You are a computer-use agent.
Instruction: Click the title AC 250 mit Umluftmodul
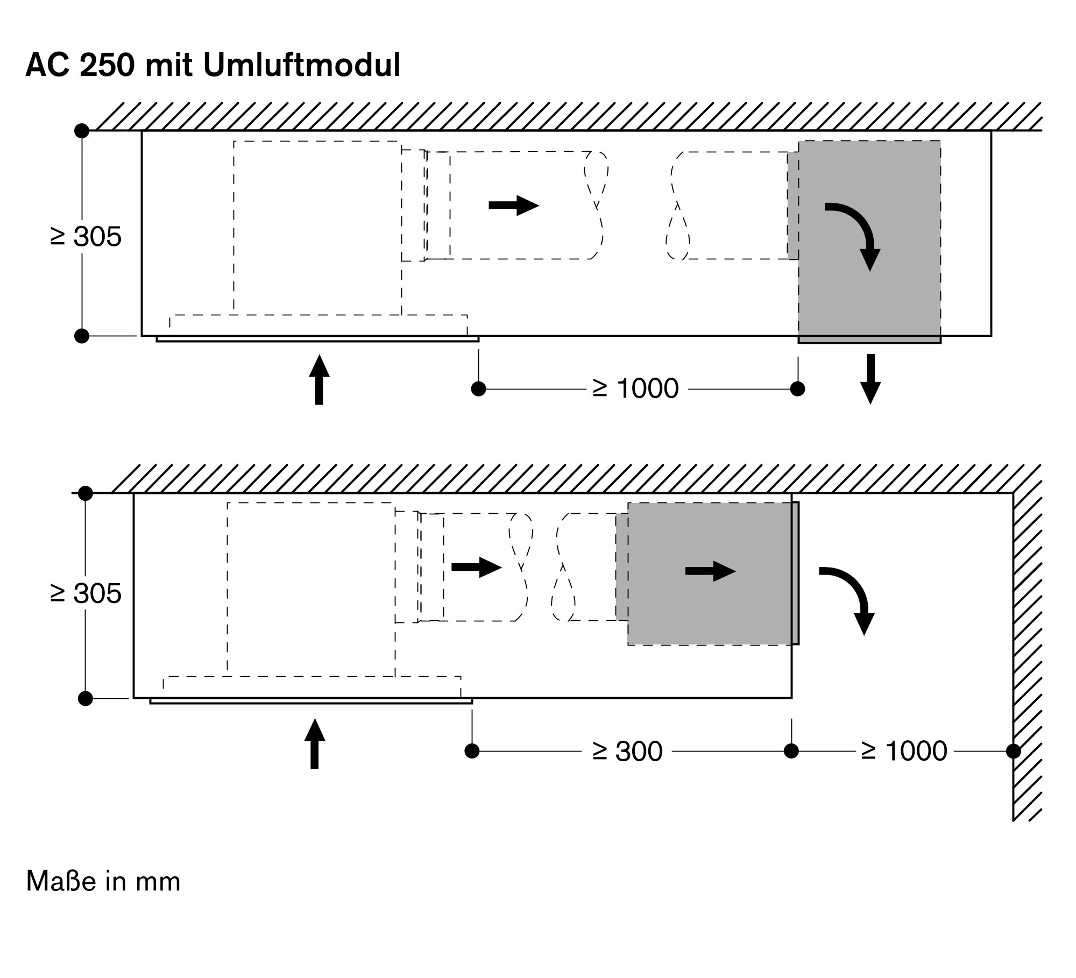click(213, 66)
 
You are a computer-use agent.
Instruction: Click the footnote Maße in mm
click(103, 882)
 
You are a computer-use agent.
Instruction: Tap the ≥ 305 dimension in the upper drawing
click(86, 236)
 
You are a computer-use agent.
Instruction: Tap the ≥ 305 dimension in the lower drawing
click(86, 593)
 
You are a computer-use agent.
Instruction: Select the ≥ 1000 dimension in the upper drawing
click(636, 388)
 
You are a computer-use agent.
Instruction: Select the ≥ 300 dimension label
click(627, 751)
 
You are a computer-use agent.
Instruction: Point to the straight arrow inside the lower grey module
click(710, 571)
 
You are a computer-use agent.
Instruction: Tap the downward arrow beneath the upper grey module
click(870, 379)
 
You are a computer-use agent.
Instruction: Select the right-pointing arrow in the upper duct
click(513, 205)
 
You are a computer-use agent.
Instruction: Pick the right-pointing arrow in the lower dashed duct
click(476, 567)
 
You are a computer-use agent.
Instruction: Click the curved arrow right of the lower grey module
click(850, 597)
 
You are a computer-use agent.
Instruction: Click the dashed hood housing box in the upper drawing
click(317, 226)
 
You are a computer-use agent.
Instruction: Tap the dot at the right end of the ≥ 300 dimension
click(791, 751)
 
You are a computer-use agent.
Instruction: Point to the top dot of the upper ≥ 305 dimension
click(82, 131)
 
